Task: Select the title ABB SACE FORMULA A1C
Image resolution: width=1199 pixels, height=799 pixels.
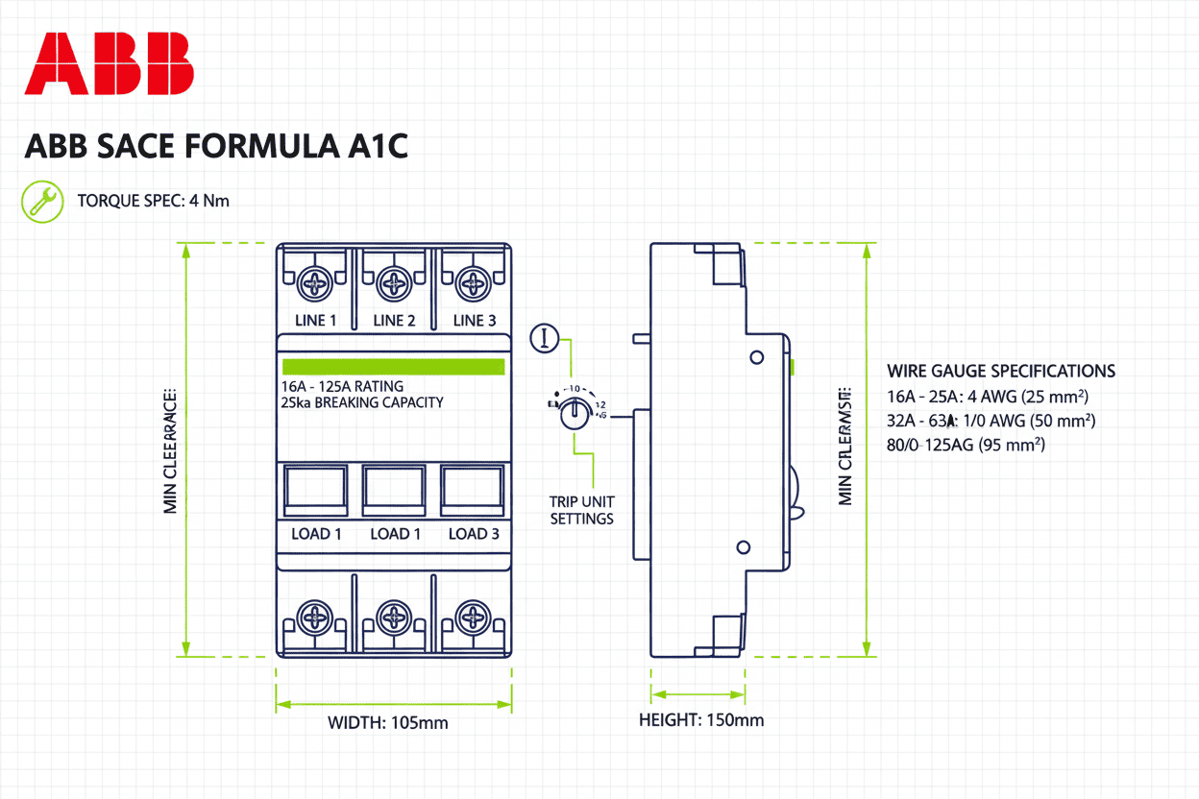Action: pos(216,147)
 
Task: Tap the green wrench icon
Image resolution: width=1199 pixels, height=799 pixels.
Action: pos(41,201)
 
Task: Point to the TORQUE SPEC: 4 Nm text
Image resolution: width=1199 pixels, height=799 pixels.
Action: pos(153,201)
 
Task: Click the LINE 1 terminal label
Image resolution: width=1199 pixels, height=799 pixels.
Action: pos(315,321)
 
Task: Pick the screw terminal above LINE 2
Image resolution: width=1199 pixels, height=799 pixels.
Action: pos(394,283)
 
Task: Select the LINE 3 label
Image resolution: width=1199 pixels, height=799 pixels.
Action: pos(474,321)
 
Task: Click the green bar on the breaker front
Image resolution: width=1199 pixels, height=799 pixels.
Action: pos(393,367)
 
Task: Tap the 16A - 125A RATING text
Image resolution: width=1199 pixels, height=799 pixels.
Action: pos(342,386)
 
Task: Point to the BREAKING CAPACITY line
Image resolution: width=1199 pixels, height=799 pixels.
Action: pos(362,402)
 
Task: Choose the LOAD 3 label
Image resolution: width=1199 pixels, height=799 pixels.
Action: pos(474,534)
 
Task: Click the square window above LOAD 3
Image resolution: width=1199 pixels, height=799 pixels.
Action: pos(473,491)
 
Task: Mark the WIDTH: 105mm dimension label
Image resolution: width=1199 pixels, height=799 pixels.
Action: pos(387,722)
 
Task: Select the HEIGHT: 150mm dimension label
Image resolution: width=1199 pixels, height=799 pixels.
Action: pos(701,720)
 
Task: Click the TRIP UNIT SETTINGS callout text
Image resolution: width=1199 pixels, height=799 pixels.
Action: pos(581,510)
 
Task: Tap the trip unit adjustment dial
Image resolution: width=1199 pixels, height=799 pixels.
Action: pos(575,412)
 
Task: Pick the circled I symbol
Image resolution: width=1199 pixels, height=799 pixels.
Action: pos(545,337)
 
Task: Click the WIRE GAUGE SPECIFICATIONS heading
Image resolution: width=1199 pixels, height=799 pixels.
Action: pos(1001,371)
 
